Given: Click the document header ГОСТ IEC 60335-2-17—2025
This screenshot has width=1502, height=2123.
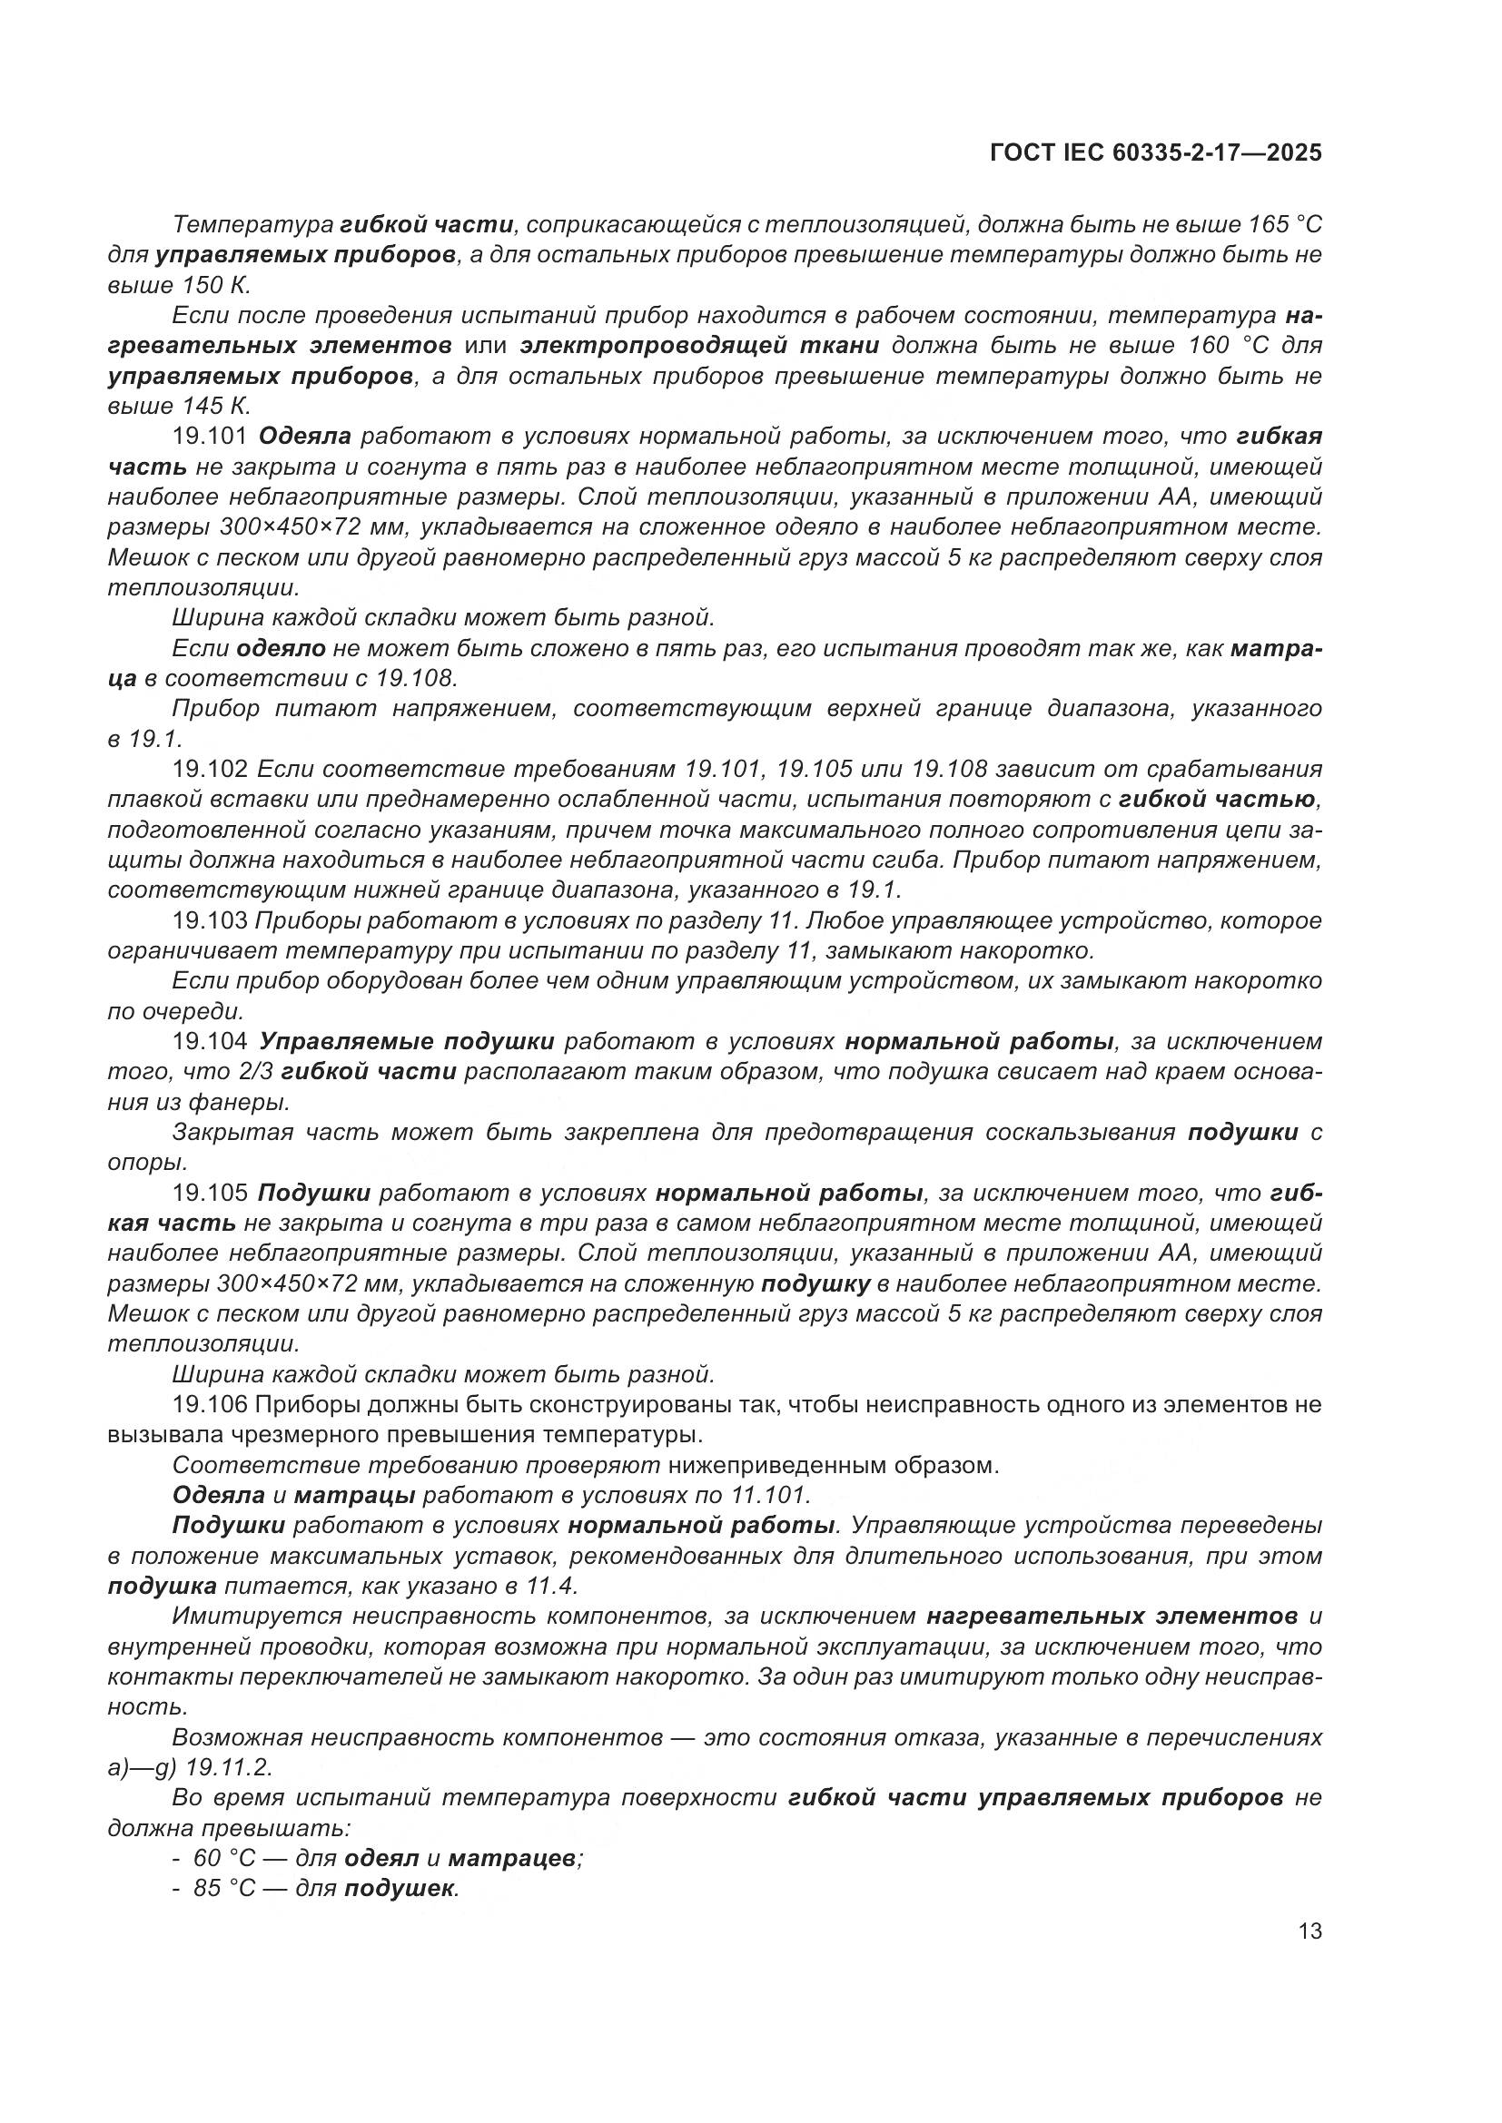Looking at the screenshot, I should [1155, 152].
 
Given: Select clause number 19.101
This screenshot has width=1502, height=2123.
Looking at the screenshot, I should [210, 437].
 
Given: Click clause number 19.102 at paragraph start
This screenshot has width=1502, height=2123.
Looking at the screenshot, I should [210, 770].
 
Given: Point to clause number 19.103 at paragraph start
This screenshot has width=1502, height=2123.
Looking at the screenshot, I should [210, 921].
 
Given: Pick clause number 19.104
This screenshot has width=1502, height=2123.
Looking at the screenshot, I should [210, 1042].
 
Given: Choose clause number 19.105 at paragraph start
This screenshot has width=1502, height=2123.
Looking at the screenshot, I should [210, 1193].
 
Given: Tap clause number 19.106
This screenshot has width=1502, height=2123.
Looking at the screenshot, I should [210, 1405].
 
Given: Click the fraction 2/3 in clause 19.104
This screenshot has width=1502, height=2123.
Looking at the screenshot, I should [255, 1073].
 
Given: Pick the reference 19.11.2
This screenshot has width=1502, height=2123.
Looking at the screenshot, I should [229, 1768].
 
